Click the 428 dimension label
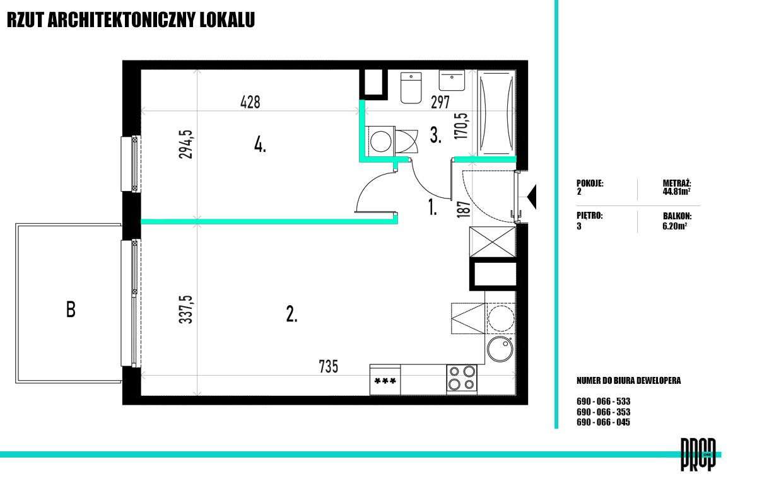(x=250, y=102)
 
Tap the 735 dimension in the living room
(x=329, y=366)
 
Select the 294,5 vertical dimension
(x=186, y=144)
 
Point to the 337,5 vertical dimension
(x=186, y=309)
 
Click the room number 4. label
(x=260, y=146)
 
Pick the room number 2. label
(x=291, y=314)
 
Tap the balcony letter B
(x=71, y=309)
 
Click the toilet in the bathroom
(x=411, y=88)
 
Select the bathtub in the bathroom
(x=496, y=113)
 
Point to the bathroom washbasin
(x=452, y=81)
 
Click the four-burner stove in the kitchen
(x=462, y=379)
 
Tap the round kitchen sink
(x=500, y=349)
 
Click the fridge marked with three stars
(x=385, y=379)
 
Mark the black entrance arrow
(x=532, y=197)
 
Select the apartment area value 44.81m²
(x=676, y=192)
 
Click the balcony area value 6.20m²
(x=674, y=226)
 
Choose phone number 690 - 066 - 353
(x=603, y=412)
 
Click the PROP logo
(x=698, y=454)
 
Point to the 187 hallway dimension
(x=463, y=209)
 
